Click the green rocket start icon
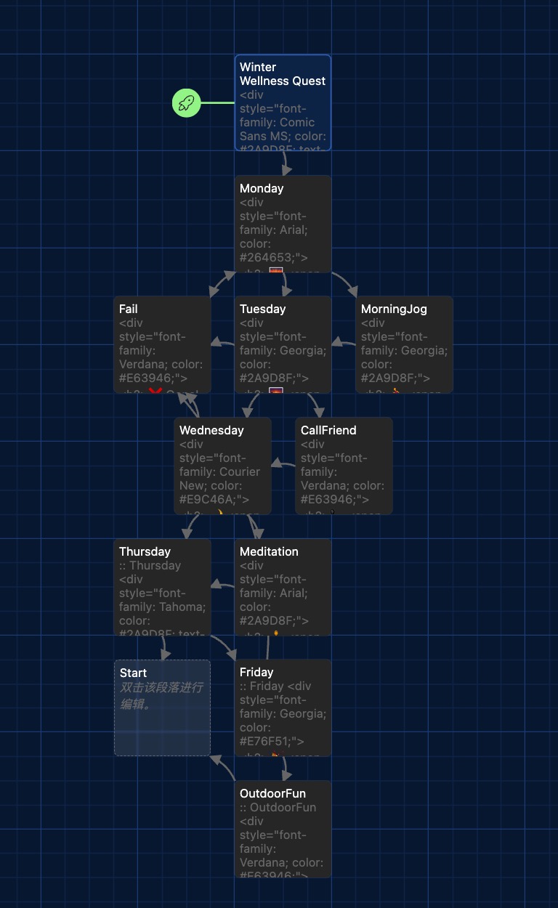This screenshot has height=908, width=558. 187,102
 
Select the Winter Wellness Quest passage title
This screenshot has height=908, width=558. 282,74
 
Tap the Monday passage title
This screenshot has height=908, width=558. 262,188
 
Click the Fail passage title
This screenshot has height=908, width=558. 129,309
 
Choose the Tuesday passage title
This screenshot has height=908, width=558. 262,309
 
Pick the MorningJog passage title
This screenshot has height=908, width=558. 394,309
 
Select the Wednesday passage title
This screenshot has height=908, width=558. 211,430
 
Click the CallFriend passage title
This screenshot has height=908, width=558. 328,430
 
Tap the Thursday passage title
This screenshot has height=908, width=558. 145,551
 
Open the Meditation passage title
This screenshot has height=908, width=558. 269,551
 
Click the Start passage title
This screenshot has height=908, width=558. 133,673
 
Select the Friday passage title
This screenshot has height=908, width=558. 256,672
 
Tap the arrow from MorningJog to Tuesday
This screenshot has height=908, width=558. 344,342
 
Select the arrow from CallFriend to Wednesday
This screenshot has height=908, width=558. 283,463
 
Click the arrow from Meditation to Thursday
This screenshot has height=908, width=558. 222,585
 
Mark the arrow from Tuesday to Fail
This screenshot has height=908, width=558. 222,342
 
